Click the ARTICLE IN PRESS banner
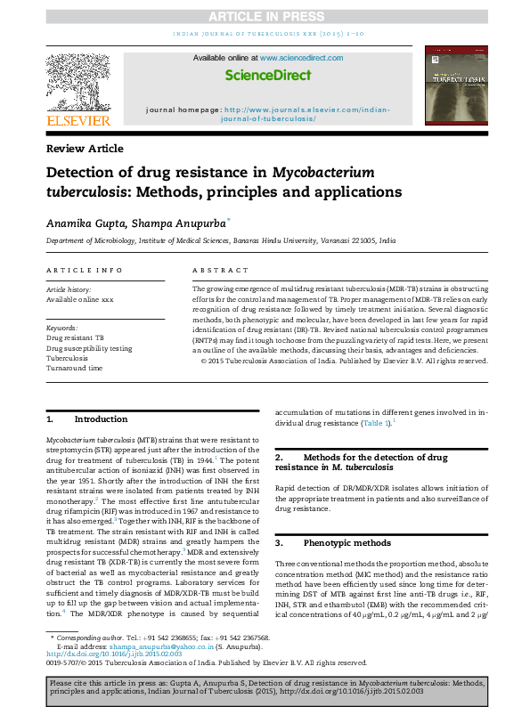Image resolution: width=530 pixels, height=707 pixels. coord(265,18)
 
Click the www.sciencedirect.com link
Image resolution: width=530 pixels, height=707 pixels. coord(301,58)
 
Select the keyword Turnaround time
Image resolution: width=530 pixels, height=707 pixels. coord(74,368)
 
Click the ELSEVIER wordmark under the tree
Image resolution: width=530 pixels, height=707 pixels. coord(78,120)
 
